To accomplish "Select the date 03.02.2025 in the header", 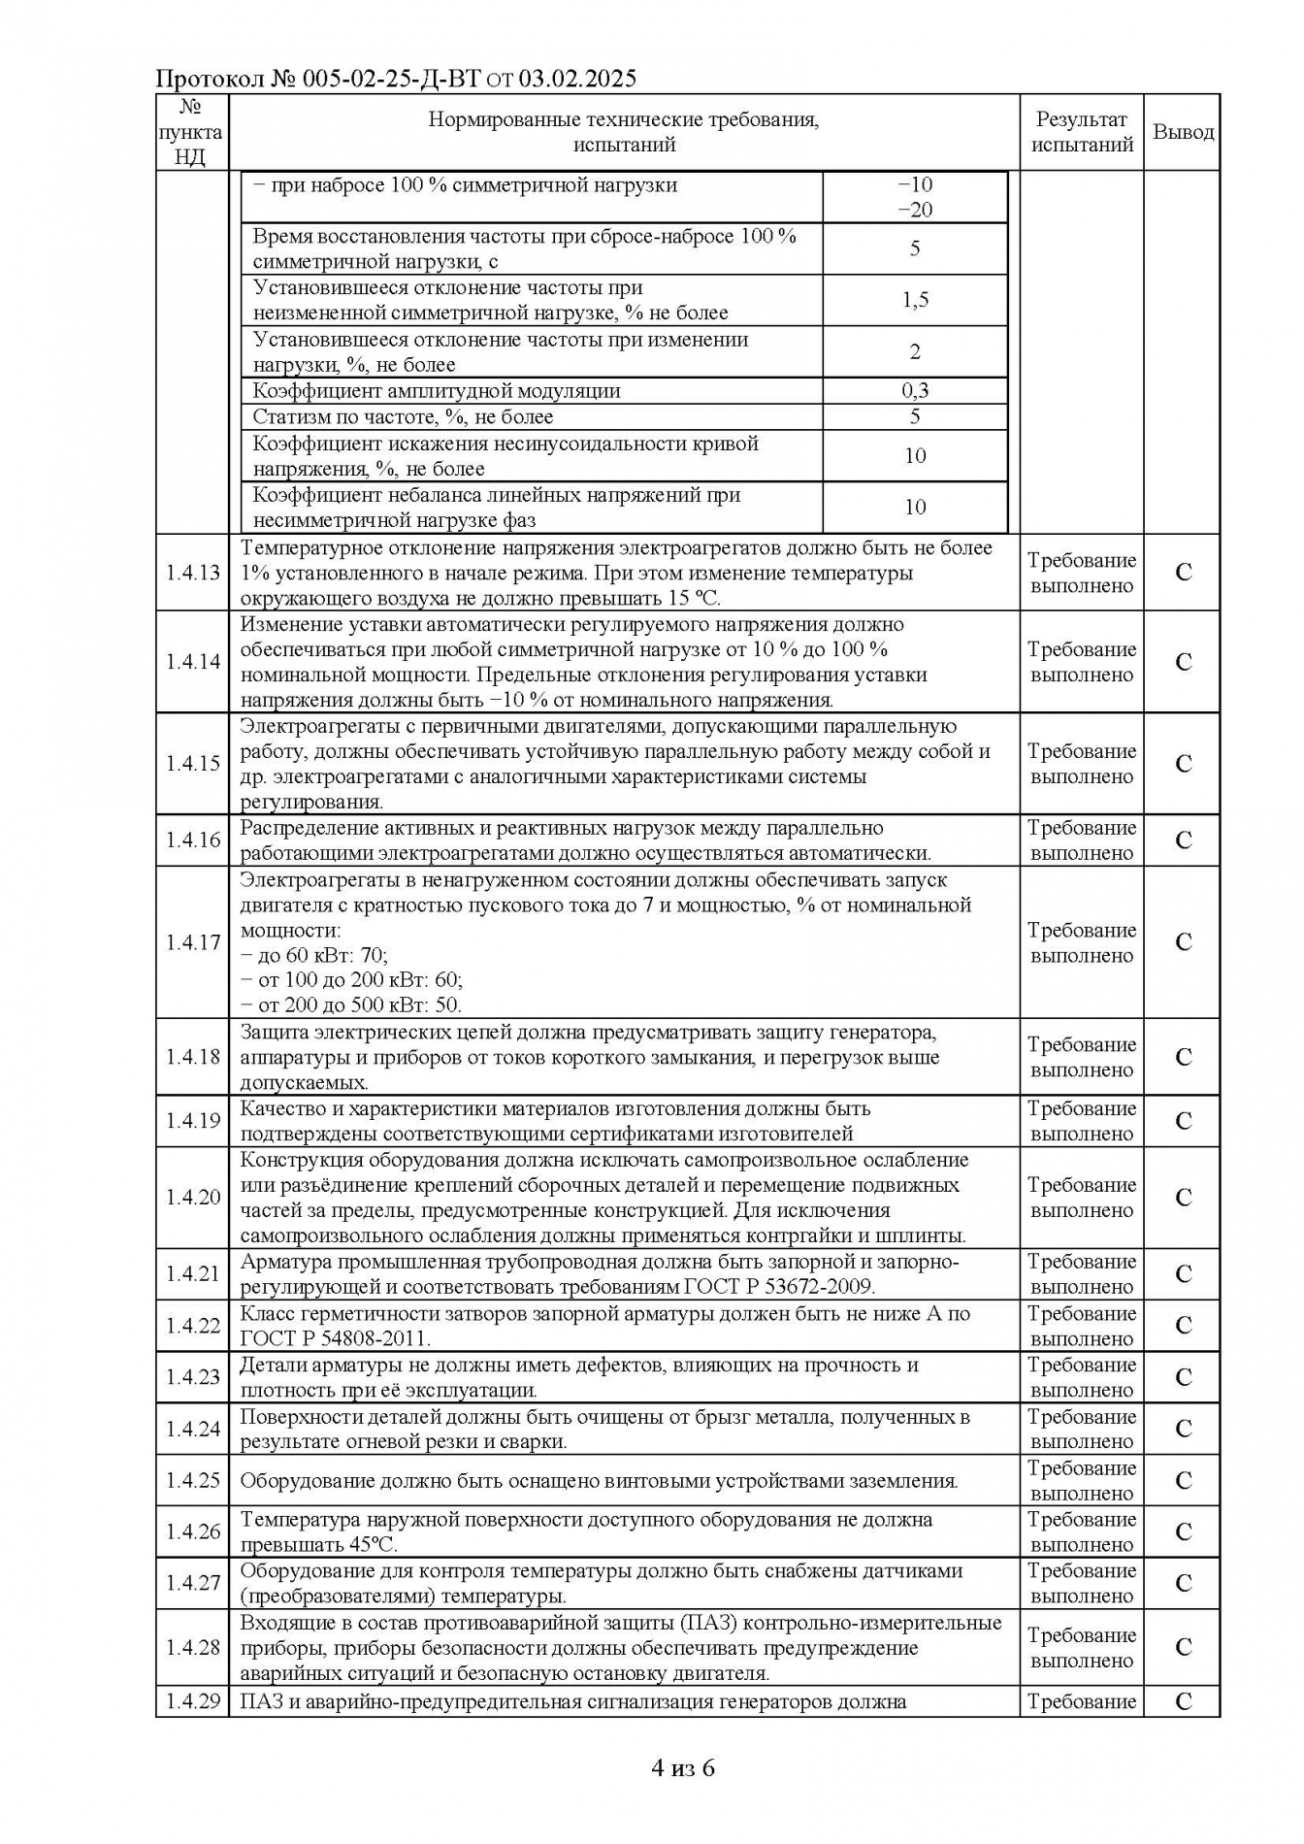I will (577, 79).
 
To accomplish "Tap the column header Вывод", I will (1183, 132).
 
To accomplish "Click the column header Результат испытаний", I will (1082, 132).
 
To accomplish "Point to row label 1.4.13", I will (192, 573).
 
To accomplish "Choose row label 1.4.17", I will (192, 942).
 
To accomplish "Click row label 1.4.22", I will (192, 1326).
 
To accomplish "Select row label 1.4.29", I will (192, 1701).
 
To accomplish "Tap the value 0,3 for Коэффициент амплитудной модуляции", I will (915, 391).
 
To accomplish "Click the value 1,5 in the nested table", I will (915, 300).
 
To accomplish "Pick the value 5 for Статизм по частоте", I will (915, 417).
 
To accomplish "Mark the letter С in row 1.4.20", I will (1183, 1198).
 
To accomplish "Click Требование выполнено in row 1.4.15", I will (1082, 764).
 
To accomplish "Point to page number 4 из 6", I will (683, 1768).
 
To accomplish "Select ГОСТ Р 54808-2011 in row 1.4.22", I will (335, 1338).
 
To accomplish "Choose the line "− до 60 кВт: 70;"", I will (314, 955).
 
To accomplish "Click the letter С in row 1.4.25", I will (1183, 1480).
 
